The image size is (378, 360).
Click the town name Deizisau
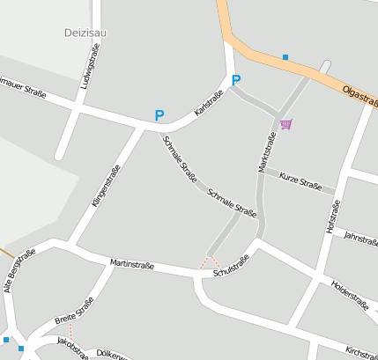85,33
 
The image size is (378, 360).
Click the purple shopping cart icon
285,124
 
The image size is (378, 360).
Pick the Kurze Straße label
300,181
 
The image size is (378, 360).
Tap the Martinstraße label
133,264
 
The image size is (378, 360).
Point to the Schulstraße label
232,267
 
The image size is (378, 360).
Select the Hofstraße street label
332,217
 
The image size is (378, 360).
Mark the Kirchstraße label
361,351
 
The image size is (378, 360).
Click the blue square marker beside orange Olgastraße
285,57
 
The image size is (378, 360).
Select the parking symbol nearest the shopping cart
235,81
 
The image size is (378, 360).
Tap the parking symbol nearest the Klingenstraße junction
159,115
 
